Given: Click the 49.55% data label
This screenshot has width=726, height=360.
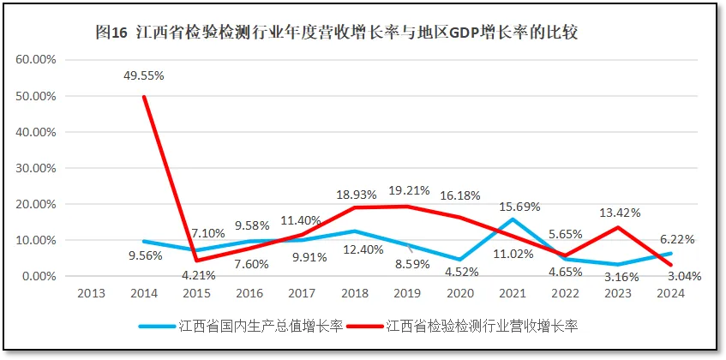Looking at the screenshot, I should click(x=143, y=75).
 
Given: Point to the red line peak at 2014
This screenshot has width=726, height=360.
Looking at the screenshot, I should click(x=143, y=97).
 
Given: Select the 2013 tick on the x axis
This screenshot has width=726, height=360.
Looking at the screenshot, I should click(x=91, y=293).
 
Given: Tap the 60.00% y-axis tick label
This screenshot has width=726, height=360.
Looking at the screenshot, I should click(x=35, y=60).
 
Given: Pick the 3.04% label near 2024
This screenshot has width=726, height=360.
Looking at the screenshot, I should click(x=683, y=277).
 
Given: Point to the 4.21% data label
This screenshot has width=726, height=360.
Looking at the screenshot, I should click(x=198, y=276).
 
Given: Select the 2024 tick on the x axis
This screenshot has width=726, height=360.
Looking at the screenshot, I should click(x=669, y=293).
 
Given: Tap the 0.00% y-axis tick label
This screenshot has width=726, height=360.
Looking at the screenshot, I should click(x=39, y=276).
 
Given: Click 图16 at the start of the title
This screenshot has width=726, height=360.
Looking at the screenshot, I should click(x=111, y=33).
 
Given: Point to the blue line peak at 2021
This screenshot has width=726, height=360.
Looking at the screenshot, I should click(x=513, y=219).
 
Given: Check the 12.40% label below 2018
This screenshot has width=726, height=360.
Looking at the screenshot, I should click(x=354, y=249).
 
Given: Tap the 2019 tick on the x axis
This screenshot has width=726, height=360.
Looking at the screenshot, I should click(x=407, y=293).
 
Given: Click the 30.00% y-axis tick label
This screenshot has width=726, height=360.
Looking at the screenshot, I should click(x=35, y=168).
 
